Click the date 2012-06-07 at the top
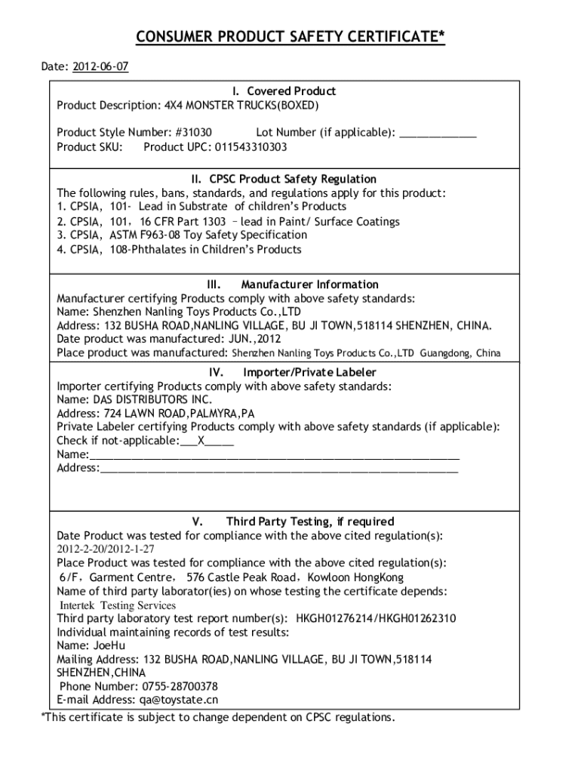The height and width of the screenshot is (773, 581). click(x=100, y=66)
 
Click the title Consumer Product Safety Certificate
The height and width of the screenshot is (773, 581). click(x=290, y=38)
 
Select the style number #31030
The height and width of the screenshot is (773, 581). click(x=194, y=133)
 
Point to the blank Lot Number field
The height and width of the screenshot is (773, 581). click(x=438, y=133)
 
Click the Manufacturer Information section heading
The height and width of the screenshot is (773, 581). click(x=309, y=285)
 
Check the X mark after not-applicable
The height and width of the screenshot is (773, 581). click(x=201, y=441)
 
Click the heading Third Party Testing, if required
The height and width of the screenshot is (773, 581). click(x=309, y=522)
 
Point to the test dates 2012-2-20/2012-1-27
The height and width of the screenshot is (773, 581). click(x=106, y=550)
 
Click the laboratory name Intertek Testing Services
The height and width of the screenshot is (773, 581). click(x=118, y=605)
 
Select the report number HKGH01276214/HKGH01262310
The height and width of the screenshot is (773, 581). click(x=376, y=618)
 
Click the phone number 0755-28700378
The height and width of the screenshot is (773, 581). click(x=180, y=686)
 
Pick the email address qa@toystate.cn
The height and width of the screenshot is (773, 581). click(x=170, y=700)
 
